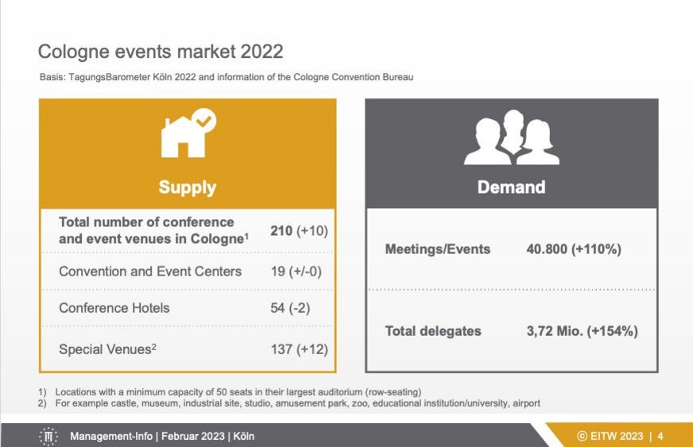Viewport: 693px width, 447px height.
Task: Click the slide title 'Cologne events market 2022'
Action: pos(161,52)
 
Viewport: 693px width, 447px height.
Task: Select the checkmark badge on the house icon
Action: pos(203,120)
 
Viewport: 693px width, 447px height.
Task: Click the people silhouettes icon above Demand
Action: pos(511,137)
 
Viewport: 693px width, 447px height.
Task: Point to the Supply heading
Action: pos(188,187)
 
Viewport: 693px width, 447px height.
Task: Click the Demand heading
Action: pos(511,187)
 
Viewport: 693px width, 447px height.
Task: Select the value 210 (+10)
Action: pos(299,230)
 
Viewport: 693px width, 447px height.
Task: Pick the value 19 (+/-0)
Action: pos(296,272)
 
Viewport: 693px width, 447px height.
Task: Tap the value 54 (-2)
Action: pos(290,308)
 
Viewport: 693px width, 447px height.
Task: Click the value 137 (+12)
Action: pos(299,349)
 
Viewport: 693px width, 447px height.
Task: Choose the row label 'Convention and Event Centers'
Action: pos(150,272)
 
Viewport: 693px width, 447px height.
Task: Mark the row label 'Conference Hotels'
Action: pos(114,308)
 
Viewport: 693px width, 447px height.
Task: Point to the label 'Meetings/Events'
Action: pos(438,249)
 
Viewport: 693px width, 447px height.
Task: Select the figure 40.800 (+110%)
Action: pos(574,249)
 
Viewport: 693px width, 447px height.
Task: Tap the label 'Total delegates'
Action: pos(433,331)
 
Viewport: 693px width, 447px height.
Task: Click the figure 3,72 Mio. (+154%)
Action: pos(582,331)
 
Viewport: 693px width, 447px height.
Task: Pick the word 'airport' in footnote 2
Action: pos(526,403)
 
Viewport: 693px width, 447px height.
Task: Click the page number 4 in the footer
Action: pos(660,437)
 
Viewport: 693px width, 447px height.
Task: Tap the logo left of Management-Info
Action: pos(48,437)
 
